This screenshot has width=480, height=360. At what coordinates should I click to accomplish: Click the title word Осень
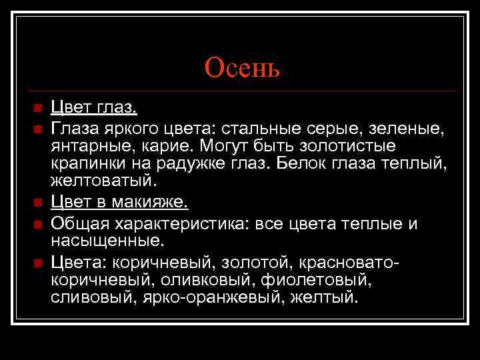click(x=243, y=67)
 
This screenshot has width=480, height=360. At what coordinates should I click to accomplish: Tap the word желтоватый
click(x=101, y=181)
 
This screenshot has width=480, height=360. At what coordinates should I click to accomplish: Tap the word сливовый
click(x=93, y=297)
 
